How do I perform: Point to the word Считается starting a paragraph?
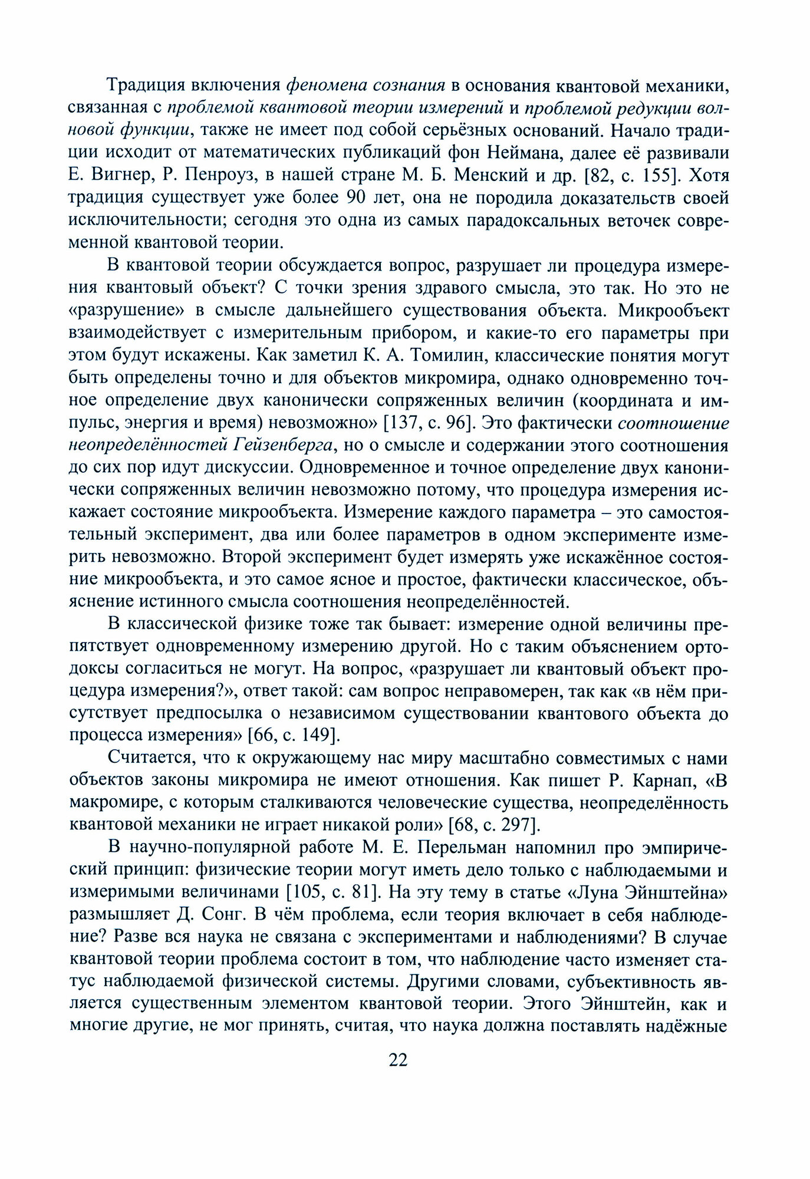coord(150,758)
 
